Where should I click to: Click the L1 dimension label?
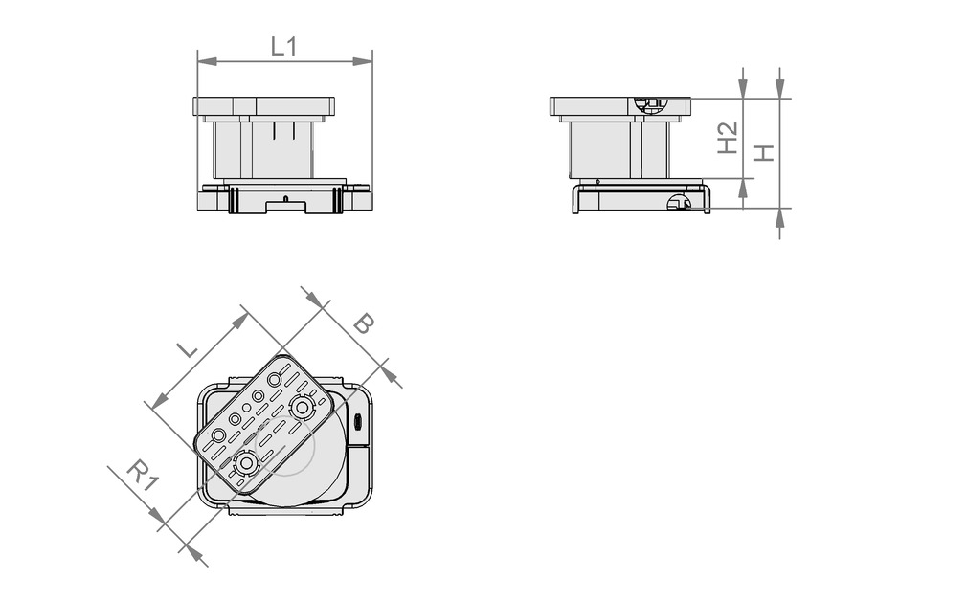[283, 45]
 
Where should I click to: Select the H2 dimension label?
[728, 138]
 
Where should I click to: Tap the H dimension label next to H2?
[763, 152]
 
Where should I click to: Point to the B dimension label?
[363, 323]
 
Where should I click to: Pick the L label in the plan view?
[188, 348]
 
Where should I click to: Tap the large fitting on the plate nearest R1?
[247, 464]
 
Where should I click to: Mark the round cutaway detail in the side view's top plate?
[650, 104]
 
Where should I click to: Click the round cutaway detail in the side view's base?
[678, 202]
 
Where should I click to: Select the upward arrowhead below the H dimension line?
[779, 217]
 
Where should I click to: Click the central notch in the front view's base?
[284, 202]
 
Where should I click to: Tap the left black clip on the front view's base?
[232, 199]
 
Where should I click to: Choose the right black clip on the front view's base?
[337, 199]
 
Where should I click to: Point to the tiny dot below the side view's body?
[597, 181]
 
